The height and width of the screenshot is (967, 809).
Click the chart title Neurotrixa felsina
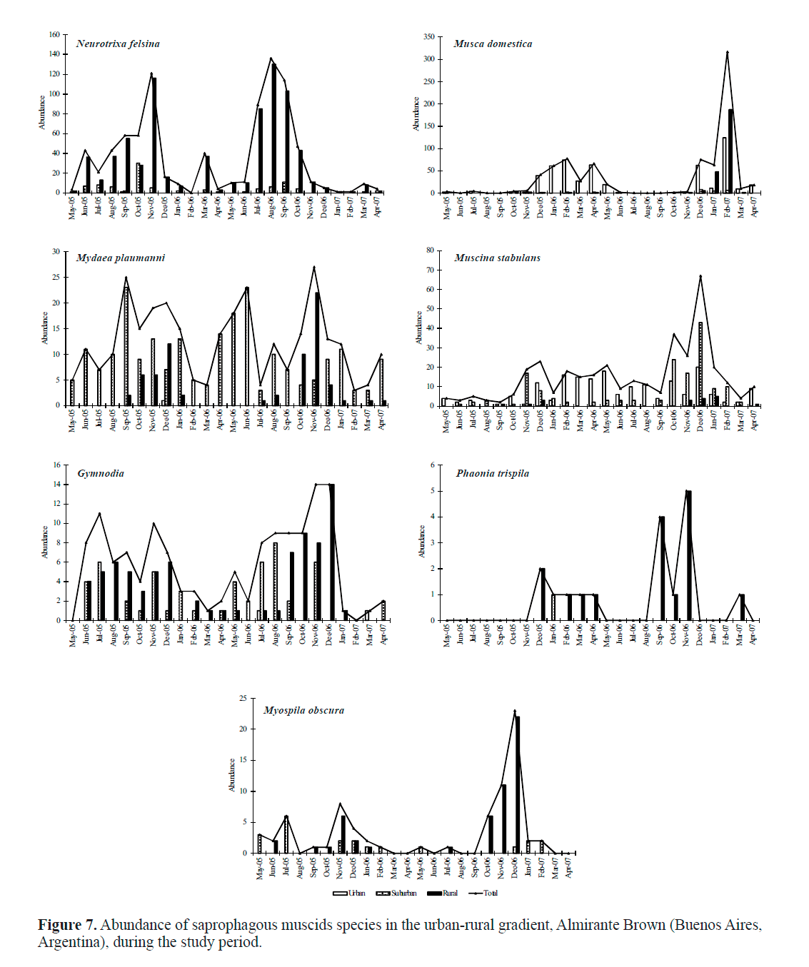[x=118, y=44]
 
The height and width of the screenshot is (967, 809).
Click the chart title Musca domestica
[x=493, y=44]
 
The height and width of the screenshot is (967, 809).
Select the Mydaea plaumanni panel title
[x=121, y=258]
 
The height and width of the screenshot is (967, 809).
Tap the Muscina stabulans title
[x=497, y=258]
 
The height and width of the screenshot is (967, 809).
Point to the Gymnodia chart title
[x=101, y=473]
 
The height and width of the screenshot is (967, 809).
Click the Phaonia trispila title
[x=493, y=473]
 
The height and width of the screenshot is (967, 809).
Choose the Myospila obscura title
[x=303, y=710]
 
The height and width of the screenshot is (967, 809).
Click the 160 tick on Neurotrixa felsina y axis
[x=54, y=34]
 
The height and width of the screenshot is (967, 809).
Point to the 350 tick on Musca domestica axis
[x=429, y=36]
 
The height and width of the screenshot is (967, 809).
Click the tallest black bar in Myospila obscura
[x=518, y=784]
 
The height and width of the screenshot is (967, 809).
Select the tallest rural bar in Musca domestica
[x=730, y=151]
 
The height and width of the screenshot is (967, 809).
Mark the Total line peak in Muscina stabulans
[x=700, y=276]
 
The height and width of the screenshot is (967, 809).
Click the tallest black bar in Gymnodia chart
[x=332, y=552]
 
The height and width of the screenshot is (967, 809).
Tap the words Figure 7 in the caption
[x=66, y=925]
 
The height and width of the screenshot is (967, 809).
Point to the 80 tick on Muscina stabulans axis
[x=431, y=250]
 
